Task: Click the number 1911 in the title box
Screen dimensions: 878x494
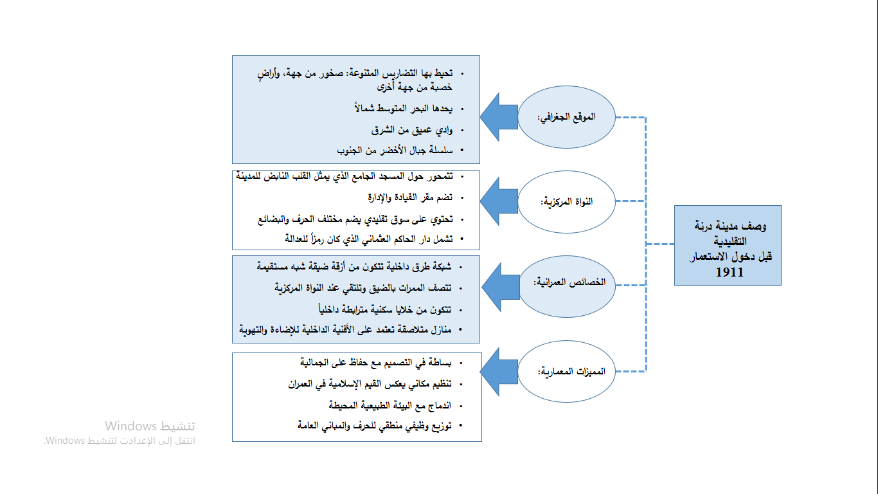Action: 729,272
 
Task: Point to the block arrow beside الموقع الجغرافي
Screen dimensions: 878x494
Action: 499,117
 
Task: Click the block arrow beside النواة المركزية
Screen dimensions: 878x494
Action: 499,201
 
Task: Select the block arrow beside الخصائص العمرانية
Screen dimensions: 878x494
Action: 501,288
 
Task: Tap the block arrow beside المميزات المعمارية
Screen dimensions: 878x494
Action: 499,372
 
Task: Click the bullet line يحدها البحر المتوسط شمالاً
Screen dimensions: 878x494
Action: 404,108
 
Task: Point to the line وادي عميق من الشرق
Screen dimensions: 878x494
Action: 412,129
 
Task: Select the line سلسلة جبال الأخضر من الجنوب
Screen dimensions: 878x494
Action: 395,150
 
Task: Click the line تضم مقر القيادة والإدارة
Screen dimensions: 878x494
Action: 410,197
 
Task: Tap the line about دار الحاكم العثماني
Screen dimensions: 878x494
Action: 369,239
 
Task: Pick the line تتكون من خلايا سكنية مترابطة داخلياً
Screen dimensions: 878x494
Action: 385,309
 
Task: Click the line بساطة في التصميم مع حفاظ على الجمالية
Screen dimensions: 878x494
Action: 376,363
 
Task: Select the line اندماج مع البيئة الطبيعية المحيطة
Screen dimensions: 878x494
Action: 390,405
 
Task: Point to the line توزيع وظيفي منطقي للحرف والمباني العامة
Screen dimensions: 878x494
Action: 375,425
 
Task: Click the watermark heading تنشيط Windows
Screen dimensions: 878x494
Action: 150,426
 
